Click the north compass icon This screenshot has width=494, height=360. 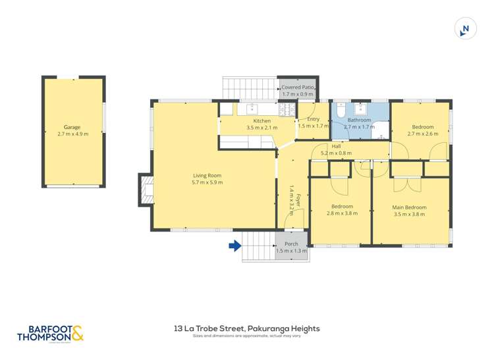tap(466, 29)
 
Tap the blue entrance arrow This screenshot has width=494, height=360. tap(234, 246)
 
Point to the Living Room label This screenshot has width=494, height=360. tap(207, 176)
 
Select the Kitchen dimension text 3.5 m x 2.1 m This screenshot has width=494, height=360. tap(262, 128)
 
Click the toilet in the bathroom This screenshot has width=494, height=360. tap(338, 113)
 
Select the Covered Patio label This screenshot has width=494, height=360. tap(298, 88)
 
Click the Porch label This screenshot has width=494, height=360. tap(291, 244)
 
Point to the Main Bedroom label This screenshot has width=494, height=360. tap(409, 207)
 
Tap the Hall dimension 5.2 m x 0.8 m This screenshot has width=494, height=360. tap(336, 153)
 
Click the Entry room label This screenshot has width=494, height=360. tap(313, 119)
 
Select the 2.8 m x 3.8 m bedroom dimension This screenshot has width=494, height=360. tap(342, 213)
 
